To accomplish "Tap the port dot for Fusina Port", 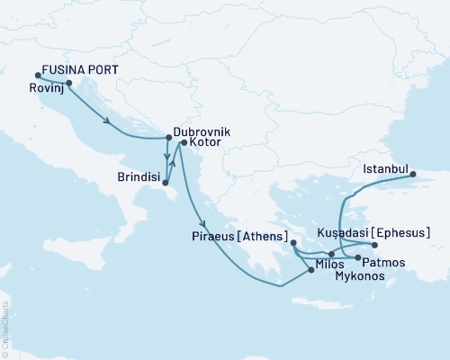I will click(38, 76).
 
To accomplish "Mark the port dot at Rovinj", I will click(69, 84).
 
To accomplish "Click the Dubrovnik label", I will click(202, 131).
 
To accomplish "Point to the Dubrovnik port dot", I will click(168, 138).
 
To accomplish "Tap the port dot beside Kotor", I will click(183, 142).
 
